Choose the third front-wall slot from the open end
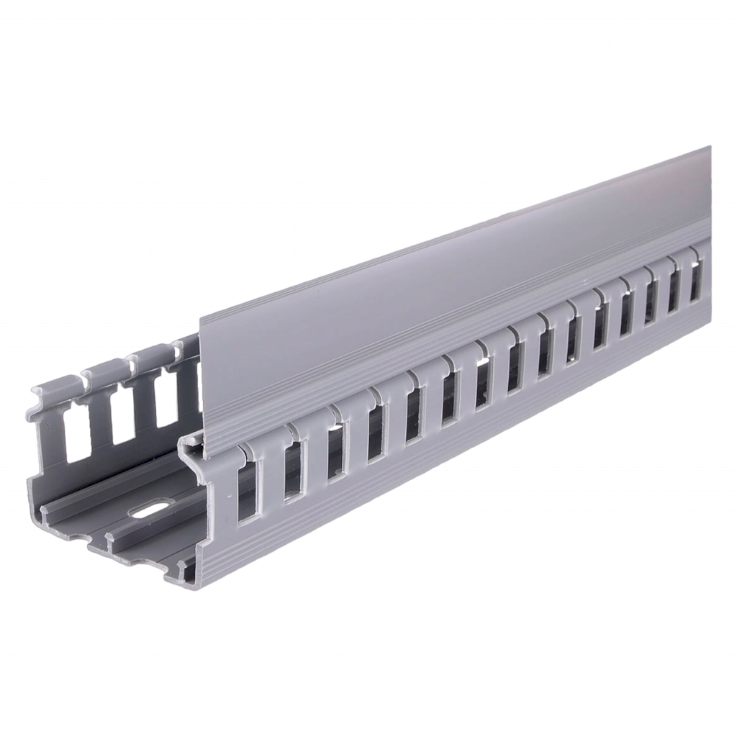click(x=335, y=453)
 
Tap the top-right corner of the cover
click(x=713, y=147)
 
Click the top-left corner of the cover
click(x=199, y=315)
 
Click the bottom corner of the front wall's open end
click(x=189, y=587)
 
